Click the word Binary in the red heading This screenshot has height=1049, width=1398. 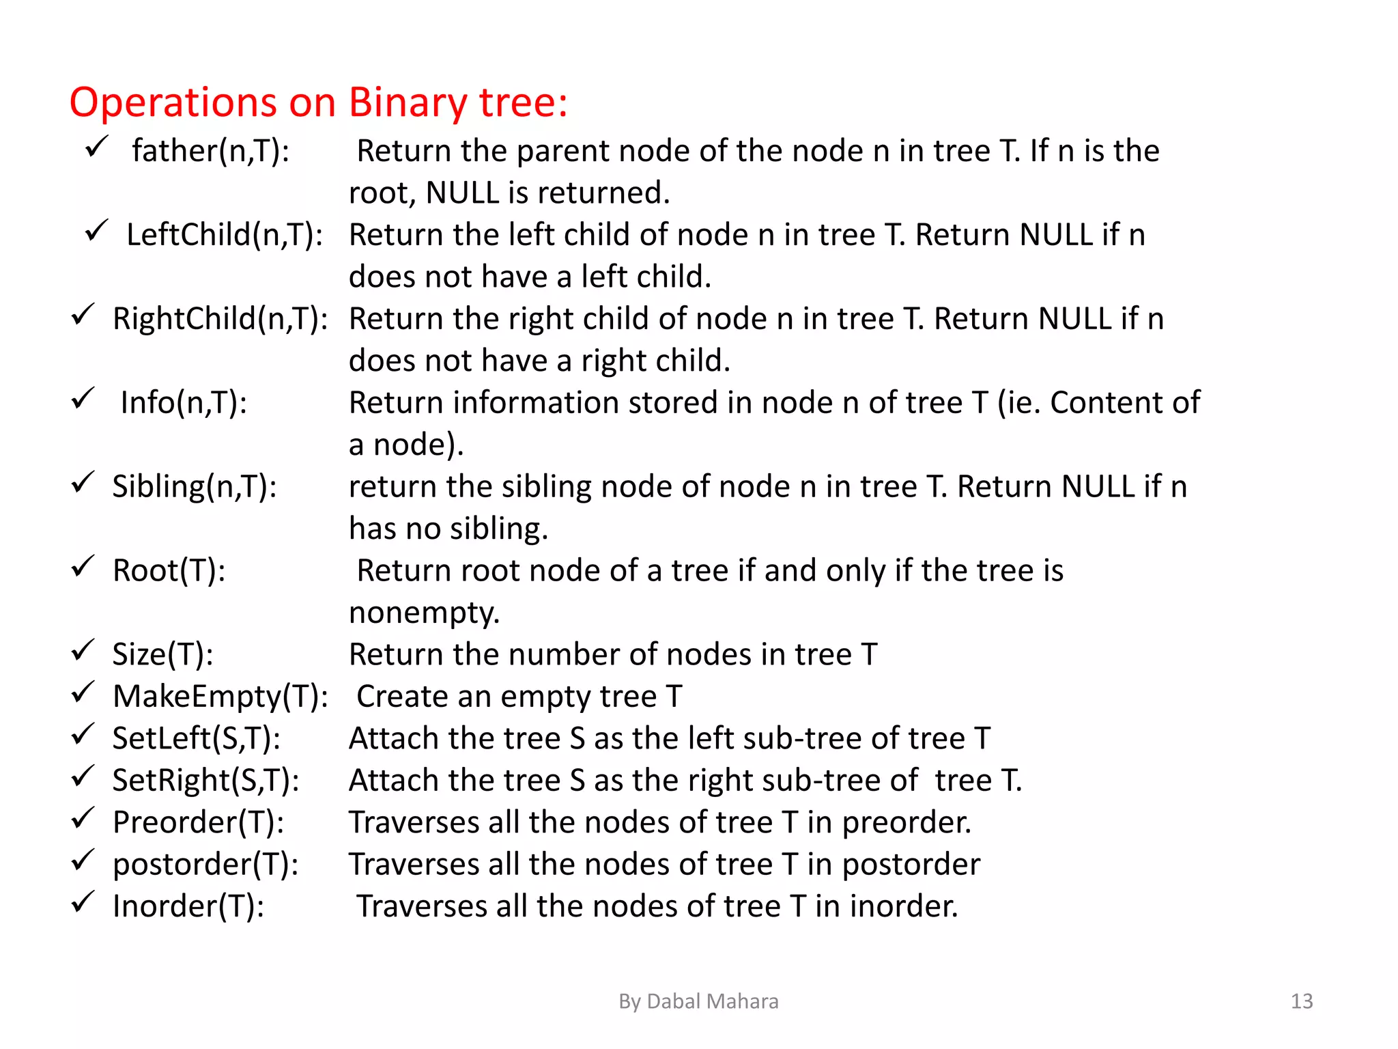pyautogui.click(x=407, y=103)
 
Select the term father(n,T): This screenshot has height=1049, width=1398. pyautogui.click(x=210, y=151)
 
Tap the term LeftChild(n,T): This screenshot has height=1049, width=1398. pyautogui.click(x=225, y=235)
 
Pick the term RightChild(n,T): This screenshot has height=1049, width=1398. pyautogui.click(x=220, y=319)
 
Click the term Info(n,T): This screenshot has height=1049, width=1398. pyautogui.click(x=184, y=403)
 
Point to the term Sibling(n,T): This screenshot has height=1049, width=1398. pyautogui.click(x=195, y=487)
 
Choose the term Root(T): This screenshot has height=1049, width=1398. pyautogui.click(x=169, y=571)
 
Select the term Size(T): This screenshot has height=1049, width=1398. pyautogui.click(x=162, y=654)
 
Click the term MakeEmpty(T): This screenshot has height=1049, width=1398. pyautogui.click(x=220, y=697)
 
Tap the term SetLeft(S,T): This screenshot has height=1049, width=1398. pyautogui.click(x=196, y=739)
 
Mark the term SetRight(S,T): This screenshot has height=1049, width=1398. pyautogui.click(x=205, y=781)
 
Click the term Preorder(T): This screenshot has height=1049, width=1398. pyautogui.click(x=198, y=822)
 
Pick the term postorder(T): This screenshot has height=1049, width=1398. pyautogui.click(x=205, y=865)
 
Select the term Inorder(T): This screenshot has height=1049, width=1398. pyautogui.click(x=188, y=906)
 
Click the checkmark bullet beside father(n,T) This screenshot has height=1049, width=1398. pyautogui.click(x=96, y=146)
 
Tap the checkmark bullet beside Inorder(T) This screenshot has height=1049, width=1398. pyautogui.click(x=83, y=902)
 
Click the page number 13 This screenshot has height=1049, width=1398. pyautogui.click(x=1302, y=1001)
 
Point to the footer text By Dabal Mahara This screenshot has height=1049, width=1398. pyautogui.click(x=698, y=1001)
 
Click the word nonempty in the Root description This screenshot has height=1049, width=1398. pyautogui.click(x=424, y=613)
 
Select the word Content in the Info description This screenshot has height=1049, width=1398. pyautogui.click(x=1104, y=403)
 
